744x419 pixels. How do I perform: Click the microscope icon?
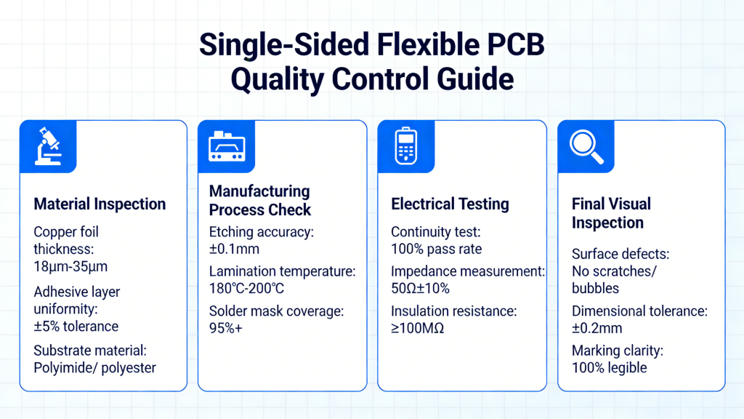click(49, 147)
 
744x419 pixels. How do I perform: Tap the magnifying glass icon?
click(586, 147)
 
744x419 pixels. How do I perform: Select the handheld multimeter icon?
click(406, 147)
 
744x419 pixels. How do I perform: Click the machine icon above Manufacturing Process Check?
click(227, 147)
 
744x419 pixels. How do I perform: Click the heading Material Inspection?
click(100, 204)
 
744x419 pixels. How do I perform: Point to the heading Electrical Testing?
click(450, 204)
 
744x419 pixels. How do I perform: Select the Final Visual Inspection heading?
click(611, 213)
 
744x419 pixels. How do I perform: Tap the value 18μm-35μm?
click(70, 267)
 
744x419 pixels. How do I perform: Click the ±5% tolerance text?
click(76, 326)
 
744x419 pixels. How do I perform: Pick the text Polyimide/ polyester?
click(95, 367)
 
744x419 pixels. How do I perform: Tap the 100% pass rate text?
click(436, 249)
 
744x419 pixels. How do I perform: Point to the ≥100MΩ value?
click(418, 329)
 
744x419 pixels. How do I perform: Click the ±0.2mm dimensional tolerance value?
click(597, 328)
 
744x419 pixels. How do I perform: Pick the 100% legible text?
click(610, 367)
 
